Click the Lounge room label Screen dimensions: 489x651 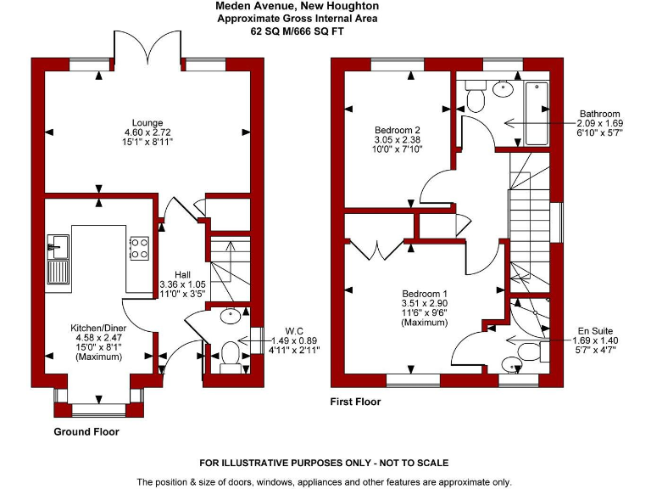(147, 122)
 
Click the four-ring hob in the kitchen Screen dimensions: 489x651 (139, 248)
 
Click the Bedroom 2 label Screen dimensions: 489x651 (398, 130)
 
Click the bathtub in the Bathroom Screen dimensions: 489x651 (537, 113)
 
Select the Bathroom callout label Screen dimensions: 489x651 (599, 114)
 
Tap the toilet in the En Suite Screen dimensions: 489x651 (526, 351)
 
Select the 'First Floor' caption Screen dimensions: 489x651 (355, 402)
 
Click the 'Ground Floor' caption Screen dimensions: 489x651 (86, 431)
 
